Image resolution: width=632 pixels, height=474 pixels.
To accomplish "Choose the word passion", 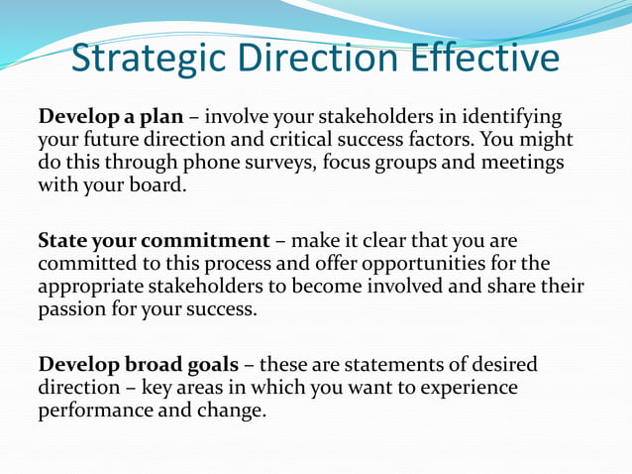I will tap(72, 308).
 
